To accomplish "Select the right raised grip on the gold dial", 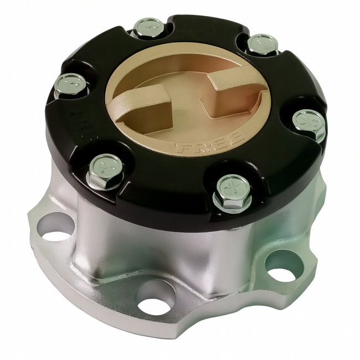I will pyautogui.click(x=232, y=89).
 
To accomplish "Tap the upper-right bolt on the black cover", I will pyautogui.click(x=261, y=44).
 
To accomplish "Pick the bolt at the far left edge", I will pyautogui.click(x=70, y=86).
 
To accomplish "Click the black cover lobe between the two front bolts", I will pyautogui.click(x=166, y=188).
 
